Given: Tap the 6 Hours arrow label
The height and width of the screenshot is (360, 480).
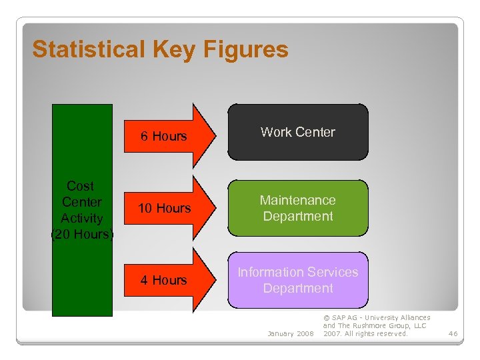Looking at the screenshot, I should tap(164, 137).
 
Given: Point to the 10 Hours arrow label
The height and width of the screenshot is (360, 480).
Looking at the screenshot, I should tap(164, 209).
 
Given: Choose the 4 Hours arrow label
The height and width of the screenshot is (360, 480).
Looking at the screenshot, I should tap(164, 281).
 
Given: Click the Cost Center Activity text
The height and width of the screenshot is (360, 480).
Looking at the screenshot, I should tap(82, 202).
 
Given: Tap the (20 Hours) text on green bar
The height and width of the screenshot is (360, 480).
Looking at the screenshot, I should tap(82, 235).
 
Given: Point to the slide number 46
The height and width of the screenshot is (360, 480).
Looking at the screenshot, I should tap(453, 333).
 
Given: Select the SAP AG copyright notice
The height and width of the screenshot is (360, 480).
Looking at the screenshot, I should tap(376, 326).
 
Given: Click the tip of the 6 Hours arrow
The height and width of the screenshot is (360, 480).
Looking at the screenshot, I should tap(217, 136).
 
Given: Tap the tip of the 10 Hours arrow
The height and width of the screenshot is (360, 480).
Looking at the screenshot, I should tap(217, 208).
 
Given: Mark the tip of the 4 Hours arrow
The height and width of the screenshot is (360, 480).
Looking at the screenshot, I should tap(217, 280).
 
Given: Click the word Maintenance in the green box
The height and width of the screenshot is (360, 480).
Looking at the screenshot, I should tap(298, 200).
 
